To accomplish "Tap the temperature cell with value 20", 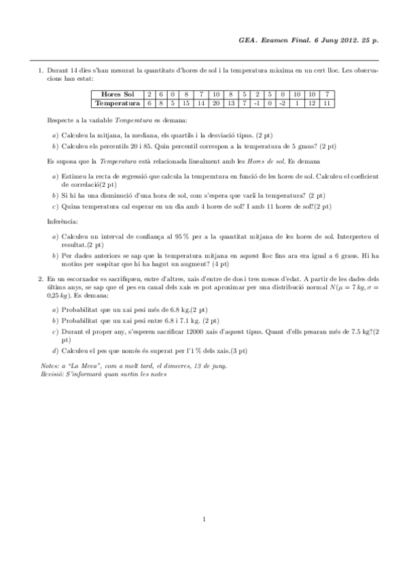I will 215,103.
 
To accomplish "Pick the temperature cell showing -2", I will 282,103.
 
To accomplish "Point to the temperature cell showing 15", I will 185,103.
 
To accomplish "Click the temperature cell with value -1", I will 256,103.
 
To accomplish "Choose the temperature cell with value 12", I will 312,103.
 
